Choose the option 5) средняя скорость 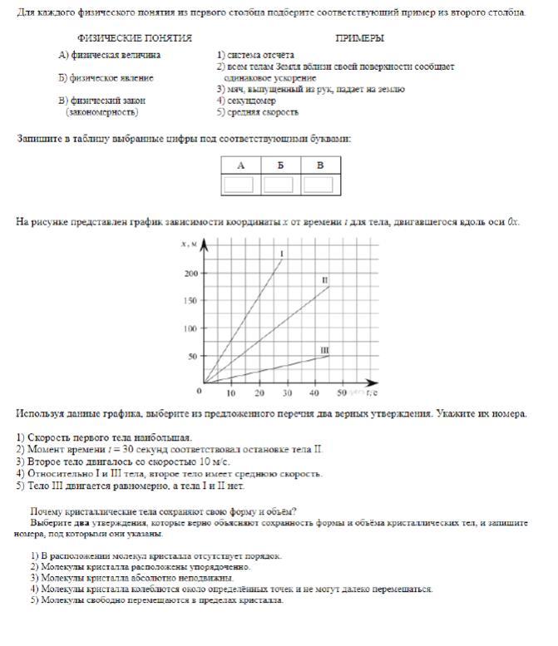pyautogui.click(x=257, y=111)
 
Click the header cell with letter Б pyautogui.click(x=279, y=165)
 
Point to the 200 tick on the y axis pyautogui.click(x=192, y=273)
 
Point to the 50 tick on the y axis pyautogui.click(x=194, y=357)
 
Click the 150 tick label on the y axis pyautogui.click(x=192, y=301)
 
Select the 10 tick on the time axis pyautogui.click(x=232, y=392)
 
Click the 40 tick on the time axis pyautogui.click(x=314, y=392)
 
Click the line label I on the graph pyautogui.click(x=283, y=253)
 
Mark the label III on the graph pyautogui.click(x=325, y=350)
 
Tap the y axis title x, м pyautogui.click(x=189, y=243)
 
